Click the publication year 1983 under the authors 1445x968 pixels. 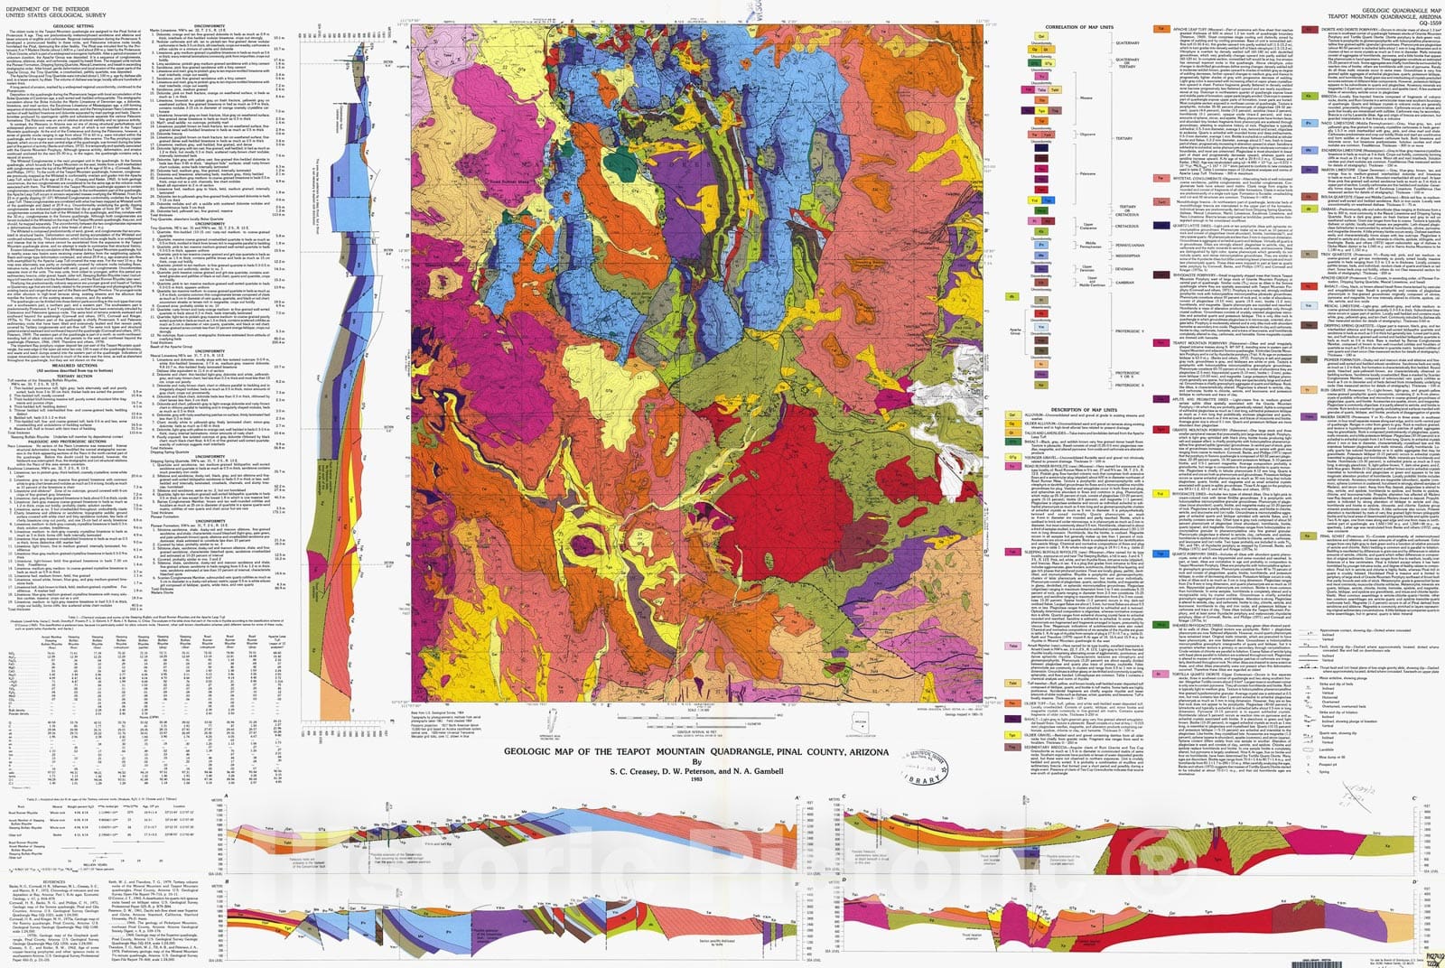pyautogui.click(x=695, y=780)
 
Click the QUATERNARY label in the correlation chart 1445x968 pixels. pyautogui.click(x=1127, y=42)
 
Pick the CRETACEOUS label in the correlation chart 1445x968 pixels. pyautogui.click(x=1127, y=214)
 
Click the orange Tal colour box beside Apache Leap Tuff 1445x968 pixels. pyautogui.click(x=1162, y=30)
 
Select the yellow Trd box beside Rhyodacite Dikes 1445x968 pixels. pyautogui.click(x=1161, y=494)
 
